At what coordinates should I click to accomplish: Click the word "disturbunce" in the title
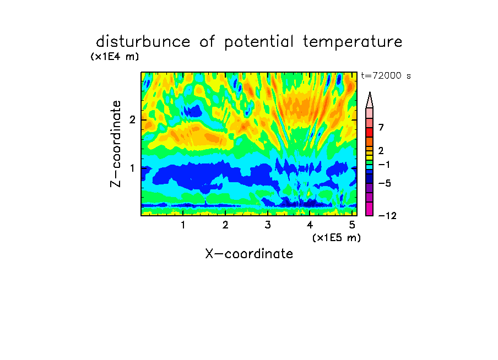(x=143, y=42)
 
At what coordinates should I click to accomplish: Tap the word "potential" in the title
(x=259, y=42)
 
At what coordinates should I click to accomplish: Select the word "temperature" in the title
(x=353, y=42)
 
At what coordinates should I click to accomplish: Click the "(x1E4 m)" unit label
(x=115, y=57)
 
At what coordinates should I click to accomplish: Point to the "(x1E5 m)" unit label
(x=337, y=237)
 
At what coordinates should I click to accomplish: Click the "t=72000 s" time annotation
(x=386, y=75)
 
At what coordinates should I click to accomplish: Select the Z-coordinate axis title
(x=116, y=144)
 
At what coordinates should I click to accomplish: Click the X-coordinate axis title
(x=249, y=254)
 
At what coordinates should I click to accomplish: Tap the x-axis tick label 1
(x=183, y=225)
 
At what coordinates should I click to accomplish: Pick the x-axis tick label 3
(x=268, y=225)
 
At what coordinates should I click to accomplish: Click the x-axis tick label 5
(x=352, y=225)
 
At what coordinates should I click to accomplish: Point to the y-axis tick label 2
(x=132, y=119)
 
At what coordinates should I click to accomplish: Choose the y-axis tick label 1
(x=132, y=168)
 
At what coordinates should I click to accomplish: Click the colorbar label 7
(x=381, y=127)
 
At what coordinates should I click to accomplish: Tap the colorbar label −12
(x=387, y=216)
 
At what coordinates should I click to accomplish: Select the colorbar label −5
(x=385, y=183)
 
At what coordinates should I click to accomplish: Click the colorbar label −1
(x=384, y=165)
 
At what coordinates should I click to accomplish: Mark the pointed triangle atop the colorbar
(x=370, y=100)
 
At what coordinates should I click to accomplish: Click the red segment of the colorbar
(x=370, y=132)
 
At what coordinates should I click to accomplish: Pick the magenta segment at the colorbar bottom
(x=370, y=209)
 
